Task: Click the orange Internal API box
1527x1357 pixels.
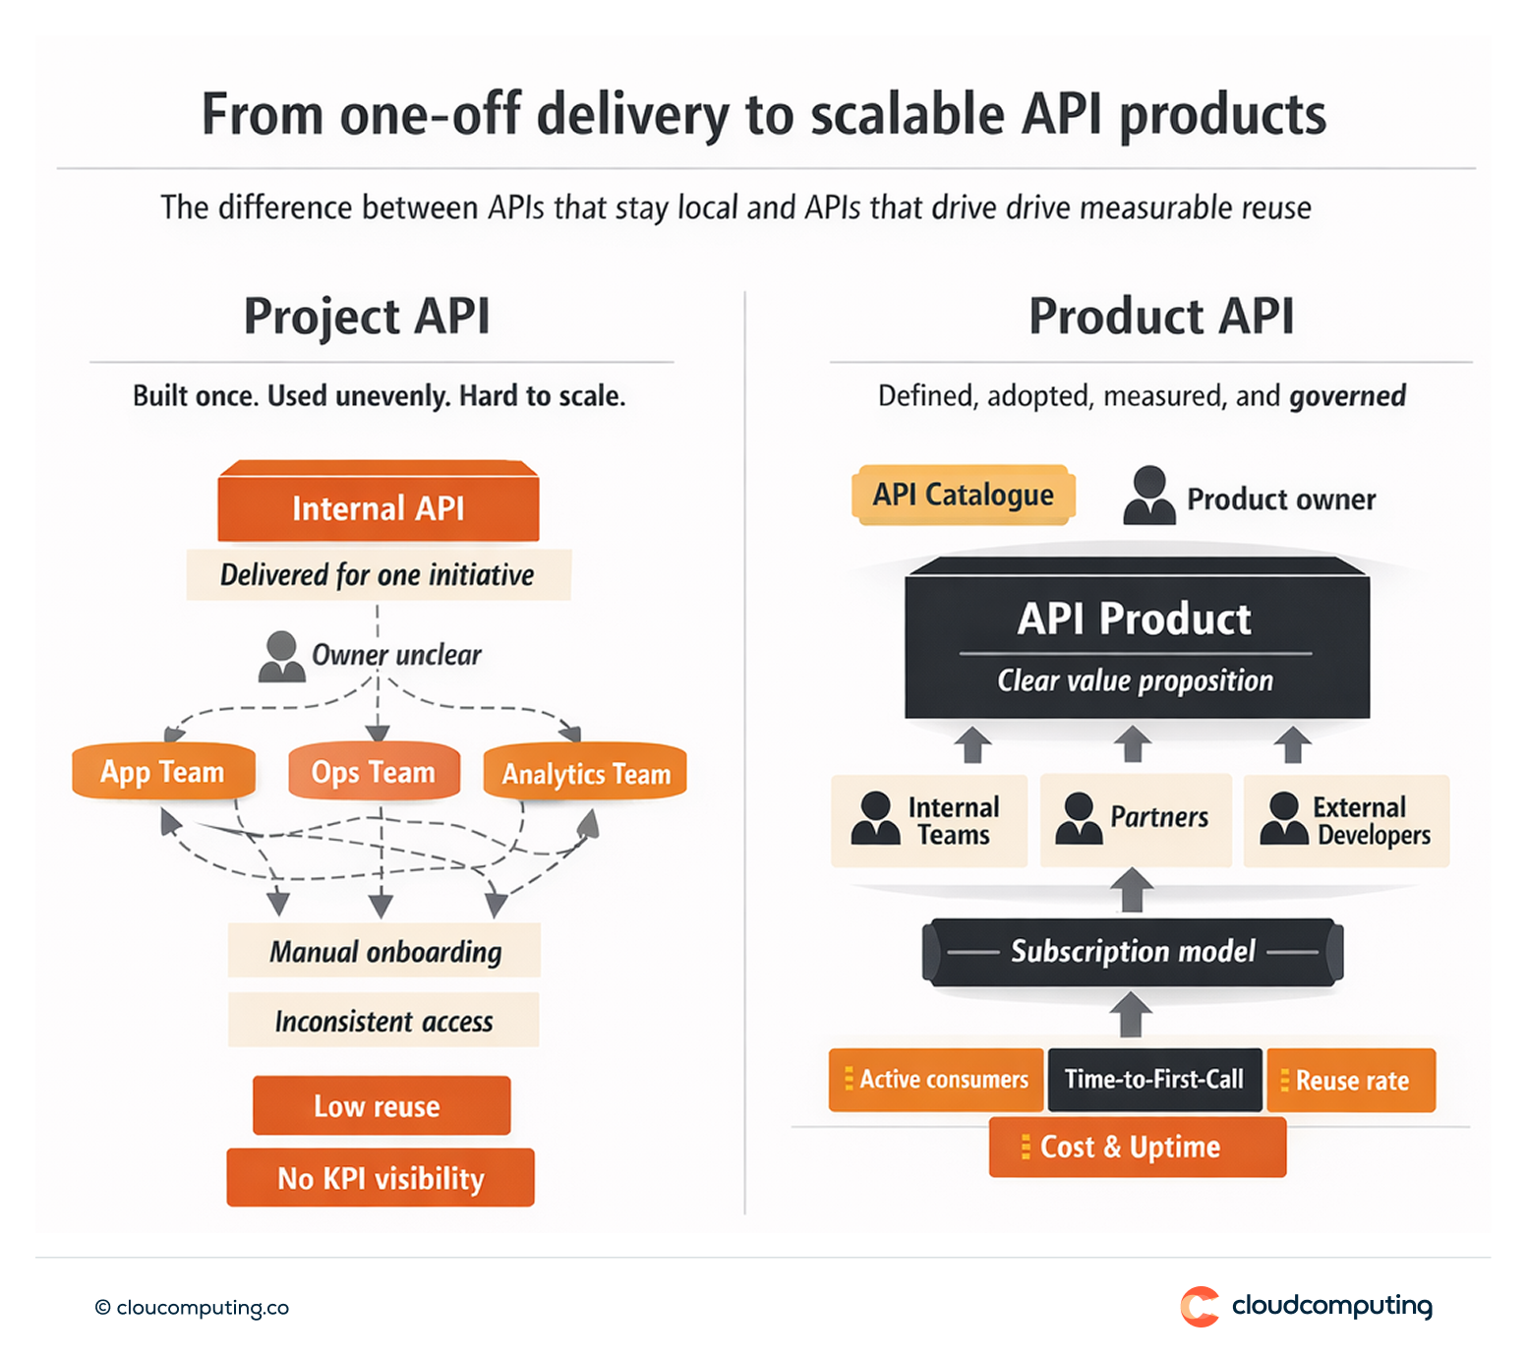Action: pos(378,506)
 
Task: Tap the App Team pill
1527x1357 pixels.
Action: pos(163,772)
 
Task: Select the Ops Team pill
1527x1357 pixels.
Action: pos(374,772)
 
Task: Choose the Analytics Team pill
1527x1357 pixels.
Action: pos(585,773)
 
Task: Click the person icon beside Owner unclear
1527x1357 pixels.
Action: pos(281,657)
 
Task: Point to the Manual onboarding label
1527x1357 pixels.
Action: pos(384,951)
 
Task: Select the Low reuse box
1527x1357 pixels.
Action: pos(381,1106)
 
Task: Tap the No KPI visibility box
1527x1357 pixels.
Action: pos(381,1177)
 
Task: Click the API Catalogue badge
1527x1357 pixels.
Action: pos(963,495)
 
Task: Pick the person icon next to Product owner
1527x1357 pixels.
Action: pos(1148,496)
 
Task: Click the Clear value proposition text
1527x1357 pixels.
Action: pos(1135,680)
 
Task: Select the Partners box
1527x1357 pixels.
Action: pos(1135,819)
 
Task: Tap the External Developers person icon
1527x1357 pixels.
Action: pos(1283,819)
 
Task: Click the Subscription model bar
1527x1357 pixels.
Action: pos(1133,952)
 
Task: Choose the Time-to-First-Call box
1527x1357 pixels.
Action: pos(1154,1080)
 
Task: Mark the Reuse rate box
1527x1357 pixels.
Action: pos(1351,1081)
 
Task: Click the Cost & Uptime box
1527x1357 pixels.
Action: pos(1137,1148)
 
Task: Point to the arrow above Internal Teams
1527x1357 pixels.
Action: pos(972,744)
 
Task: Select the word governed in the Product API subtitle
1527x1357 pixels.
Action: pos(1347,396)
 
